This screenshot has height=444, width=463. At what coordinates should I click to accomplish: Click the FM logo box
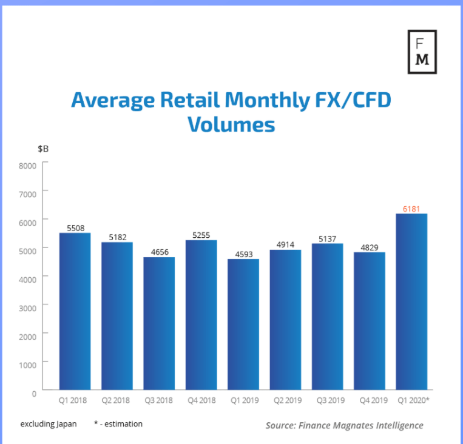click(422, 52)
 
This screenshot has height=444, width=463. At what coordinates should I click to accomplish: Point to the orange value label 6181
click(411, 209)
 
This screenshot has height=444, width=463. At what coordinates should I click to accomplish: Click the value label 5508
click(75, 229)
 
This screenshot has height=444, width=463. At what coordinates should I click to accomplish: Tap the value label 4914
click(285, 245)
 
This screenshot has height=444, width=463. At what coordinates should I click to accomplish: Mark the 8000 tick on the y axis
click(28, 165)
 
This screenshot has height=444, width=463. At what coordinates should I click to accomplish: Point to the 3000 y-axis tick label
click(28, 307)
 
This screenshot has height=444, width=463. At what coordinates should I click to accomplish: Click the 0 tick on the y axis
click(33, 392)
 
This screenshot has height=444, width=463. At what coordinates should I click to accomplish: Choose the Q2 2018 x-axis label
click(117, 400)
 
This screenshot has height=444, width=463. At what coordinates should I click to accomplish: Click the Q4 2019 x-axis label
click(369, 400)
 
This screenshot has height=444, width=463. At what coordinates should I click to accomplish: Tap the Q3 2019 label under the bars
click(327, 400)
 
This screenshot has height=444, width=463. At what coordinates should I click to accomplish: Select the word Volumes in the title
click(231, 124)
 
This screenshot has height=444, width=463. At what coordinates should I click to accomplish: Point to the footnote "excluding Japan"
click(49, 424)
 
